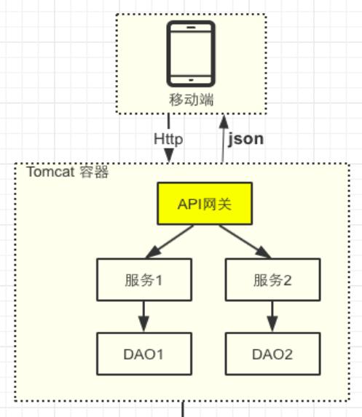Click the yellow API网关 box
point(205,204)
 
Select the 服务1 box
point(144,279)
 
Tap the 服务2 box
point(273,279)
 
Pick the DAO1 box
point(144,354)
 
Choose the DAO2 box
point(273,354)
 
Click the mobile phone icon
point(191,54)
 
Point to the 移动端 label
point(192,100)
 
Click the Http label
point(168,139)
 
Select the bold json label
point(245,139)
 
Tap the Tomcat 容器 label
point(68,172)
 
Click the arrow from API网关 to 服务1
point(169,242)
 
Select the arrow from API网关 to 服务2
point(245,242)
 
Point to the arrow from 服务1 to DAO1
point(144,317)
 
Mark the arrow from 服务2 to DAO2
point(272,317)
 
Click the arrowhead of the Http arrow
point(169,155)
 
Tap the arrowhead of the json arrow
point(224,121)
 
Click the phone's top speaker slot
point(191,27)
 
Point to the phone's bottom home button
point(191,80)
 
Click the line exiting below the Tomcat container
point(183,409)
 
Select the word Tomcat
point(50,172)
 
